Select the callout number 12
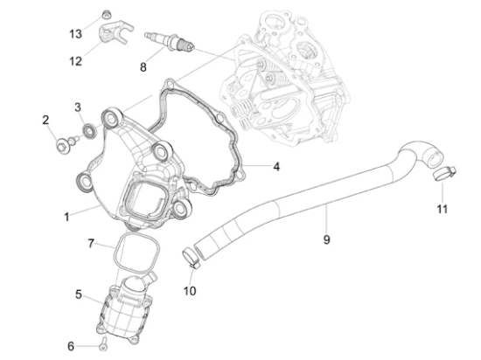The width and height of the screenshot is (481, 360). pyautogui.click(x=75, y=61)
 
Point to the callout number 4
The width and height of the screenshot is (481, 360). pyautogui.click(x=275, y=165)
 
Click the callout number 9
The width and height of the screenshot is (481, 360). pyautogui.click(x=326, y=239)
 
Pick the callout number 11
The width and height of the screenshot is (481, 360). pyautogui.click(x=442, y=210)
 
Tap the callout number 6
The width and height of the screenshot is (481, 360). pyautogui.click(x=72, y=346)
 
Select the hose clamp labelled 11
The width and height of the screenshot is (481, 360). pyautogui.click(x=442, y=177)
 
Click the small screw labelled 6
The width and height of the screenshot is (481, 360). pyautogui.click(x=102, y=343)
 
